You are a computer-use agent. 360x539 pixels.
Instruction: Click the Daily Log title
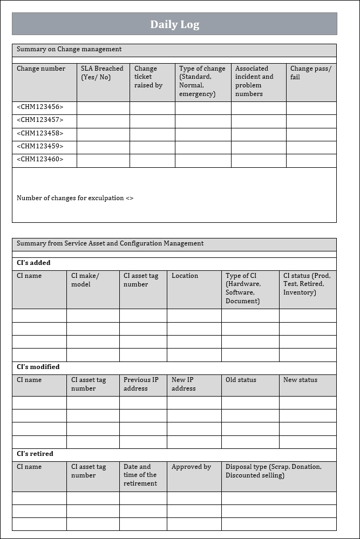pos(174,24)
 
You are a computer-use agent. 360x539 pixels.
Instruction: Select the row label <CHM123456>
pos(40,107)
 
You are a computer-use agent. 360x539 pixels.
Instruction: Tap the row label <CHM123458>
pos(40,133)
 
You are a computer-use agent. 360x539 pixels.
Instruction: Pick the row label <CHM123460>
pos(40,159)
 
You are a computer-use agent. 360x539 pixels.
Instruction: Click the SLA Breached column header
pos(102,73)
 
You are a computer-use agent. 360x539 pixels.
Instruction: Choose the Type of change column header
pos(202,81)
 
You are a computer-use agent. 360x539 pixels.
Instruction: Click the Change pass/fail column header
pos(310,73)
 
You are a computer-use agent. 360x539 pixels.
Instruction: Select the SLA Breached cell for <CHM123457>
pos(103,120)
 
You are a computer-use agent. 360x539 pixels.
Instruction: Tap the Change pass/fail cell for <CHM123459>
pos(311,146)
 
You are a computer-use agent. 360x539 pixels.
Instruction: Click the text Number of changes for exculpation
pos(75,198)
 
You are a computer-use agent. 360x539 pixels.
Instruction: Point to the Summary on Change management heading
pos(69,50)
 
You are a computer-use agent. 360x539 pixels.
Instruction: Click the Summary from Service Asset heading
pos(110,243)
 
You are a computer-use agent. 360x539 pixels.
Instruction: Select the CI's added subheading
pos(33,263)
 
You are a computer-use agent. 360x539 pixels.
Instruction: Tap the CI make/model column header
pos(85,280)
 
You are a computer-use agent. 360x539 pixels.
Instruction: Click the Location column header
pos(185,276)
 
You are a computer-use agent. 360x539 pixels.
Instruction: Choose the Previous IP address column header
pos(141,384)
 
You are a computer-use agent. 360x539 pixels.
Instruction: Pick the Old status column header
pos(241,380)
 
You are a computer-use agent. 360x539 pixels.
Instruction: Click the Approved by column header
pos(191,467)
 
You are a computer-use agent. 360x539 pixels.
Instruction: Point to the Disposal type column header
pos(273,471)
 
